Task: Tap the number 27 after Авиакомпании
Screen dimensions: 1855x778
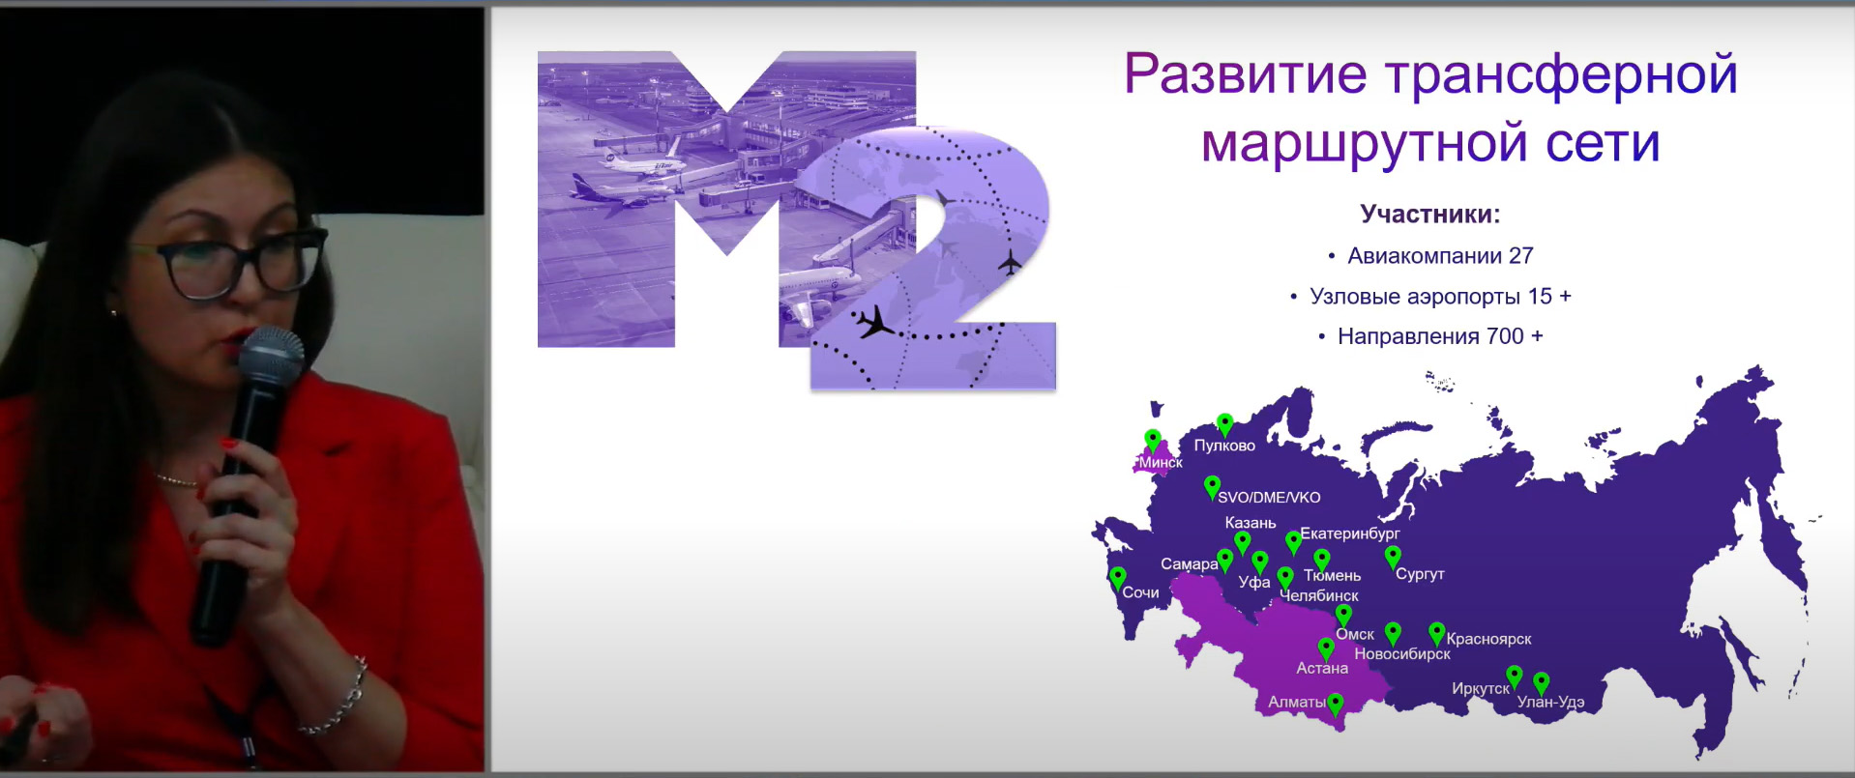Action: pos(1521,256)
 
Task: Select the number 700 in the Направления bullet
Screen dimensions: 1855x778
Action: pos(1505,336)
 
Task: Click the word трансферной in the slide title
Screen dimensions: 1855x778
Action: pos(1561,74)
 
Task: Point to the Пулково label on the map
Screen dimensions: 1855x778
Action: pos(1224,446)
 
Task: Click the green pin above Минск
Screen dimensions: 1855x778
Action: pos(1153,440)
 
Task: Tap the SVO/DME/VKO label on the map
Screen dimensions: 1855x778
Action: pos(1269,498)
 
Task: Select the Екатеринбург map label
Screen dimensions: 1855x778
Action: pos(1350,533)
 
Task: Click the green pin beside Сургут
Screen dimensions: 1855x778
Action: pos(1393,558)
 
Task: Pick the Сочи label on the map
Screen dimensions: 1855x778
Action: pos(1140,592)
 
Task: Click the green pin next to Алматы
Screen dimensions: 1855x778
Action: pos(1336,706)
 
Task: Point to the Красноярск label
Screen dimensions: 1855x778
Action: pos(1488,639)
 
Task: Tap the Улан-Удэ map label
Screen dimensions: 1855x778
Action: pos(1550,702)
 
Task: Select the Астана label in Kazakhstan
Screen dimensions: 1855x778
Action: pos(1322,668)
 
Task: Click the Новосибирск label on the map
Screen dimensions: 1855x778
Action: pos(1402,654)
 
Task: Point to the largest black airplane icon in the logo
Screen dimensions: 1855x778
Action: pos(876,322)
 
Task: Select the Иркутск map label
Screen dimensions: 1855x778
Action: pos(1480,689)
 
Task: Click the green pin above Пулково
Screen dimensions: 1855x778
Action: pos(1225,424)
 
